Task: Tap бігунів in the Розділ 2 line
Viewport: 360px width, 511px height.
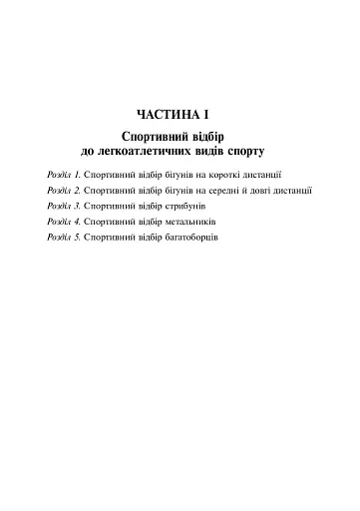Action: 178,189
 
